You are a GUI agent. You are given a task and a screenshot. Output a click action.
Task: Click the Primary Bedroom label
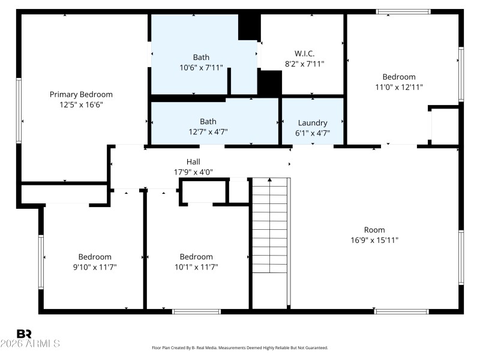coord(81,94)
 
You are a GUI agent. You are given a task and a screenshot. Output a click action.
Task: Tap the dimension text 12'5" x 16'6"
coord(81,104)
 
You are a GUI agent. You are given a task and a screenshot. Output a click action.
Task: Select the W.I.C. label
coord(304,53)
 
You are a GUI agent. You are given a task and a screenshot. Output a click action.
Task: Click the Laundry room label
coord(312,122)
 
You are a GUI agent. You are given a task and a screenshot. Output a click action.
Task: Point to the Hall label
coord(193,161)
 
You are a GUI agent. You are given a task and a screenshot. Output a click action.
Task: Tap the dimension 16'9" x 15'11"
coord(374,239)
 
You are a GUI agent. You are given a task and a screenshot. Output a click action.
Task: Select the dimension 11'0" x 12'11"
coord(399,86)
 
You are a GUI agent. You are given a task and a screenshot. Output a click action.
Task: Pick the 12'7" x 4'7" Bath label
coord(208,121)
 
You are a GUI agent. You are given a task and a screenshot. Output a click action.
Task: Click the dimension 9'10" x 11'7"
coord(94,266)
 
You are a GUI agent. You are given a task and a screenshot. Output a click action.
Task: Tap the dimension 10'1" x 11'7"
coord(196,266)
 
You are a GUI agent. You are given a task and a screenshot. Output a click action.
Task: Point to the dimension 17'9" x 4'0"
coord(193,172)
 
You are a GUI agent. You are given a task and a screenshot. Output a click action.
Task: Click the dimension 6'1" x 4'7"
coord(312,133)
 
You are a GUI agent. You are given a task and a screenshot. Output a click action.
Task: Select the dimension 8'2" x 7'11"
coord(304,64)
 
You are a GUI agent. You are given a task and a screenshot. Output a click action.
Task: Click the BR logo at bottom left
coord(24,334)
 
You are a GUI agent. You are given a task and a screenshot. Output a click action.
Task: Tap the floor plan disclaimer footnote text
coord(240,347)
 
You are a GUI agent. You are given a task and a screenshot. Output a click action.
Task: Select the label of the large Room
coord(374,230)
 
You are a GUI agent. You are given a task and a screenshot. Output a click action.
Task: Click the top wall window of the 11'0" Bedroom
coord(403,11)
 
